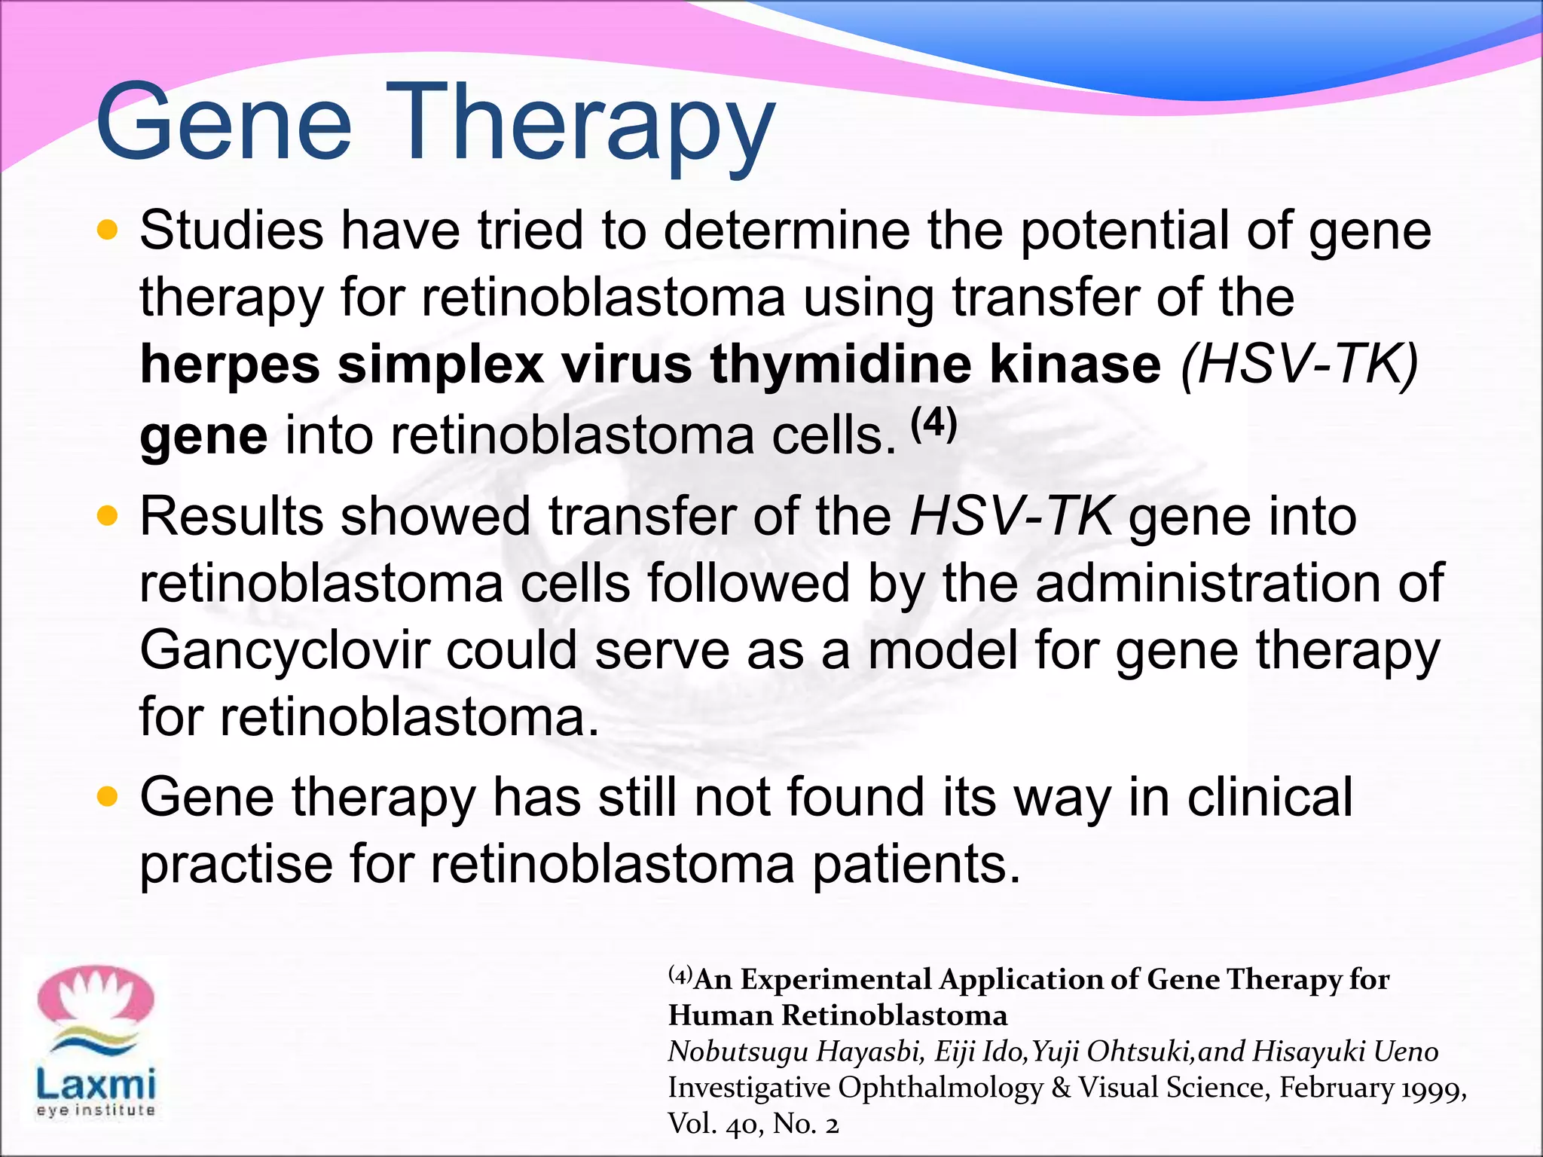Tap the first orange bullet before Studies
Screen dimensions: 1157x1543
108,230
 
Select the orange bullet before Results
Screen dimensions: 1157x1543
108,516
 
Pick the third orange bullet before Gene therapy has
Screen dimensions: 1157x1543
108,796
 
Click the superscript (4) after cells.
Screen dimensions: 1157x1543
933,424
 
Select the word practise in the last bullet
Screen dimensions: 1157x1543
236,865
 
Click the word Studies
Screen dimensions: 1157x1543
232,230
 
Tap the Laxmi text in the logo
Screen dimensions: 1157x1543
96,1084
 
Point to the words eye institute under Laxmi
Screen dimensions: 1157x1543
96,1110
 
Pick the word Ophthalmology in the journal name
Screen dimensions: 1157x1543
940,1088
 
